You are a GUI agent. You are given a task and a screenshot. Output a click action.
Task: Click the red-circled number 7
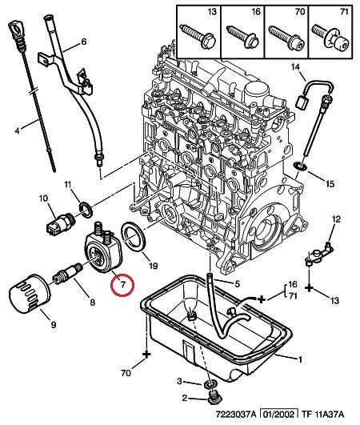[122, 284]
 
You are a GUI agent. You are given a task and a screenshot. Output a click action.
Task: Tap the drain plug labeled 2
[214, 397]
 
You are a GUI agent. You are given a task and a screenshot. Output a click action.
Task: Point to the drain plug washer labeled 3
[210, 384]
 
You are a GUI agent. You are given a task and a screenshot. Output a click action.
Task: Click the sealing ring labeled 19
[134, 237]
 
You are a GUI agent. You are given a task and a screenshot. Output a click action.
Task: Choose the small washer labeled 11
[86, 210]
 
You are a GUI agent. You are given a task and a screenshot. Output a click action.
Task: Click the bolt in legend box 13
[198, 36]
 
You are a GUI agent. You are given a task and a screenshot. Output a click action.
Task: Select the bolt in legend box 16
[243, 37]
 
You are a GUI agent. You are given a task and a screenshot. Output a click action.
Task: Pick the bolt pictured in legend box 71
[330, 37]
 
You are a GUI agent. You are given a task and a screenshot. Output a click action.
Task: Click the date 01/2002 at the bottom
[279, 414]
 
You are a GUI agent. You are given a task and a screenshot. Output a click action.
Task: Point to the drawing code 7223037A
[236, 414]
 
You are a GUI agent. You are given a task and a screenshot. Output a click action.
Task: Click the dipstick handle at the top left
[16, 30]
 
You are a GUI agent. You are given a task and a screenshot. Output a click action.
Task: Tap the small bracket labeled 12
[319, 255]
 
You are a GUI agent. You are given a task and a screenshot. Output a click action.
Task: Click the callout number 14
[296, 66]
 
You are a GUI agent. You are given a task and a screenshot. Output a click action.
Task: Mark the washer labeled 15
[300, 166]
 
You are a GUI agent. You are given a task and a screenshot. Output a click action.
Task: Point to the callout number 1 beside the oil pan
[300, 359]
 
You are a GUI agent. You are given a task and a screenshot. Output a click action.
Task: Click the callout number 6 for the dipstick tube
[84, 42]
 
